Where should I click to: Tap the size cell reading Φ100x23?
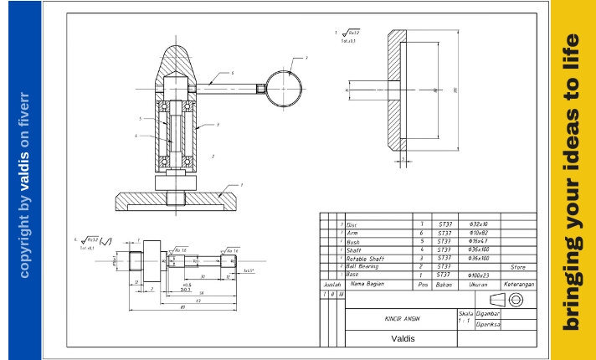pyautogui.click(x=478, y=275)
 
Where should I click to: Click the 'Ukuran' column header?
pyautogui.click(x=478, y=285)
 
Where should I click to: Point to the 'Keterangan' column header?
pyautogui.click(x=517, y=285)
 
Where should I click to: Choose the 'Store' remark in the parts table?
pyautogui.click(x=517, y=267)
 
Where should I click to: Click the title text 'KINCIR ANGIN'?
pyautogui.click(x=402, y=319)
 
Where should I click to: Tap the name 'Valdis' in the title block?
pyautogui.click(x=402, y=338)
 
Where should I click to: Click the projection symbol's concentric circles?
pyautogui.click(x=516, y=300)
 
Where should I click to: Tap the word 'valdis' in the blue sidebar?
pyautogui.click(x=24, y=167)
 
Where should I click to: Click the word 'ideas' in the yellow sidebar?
pyautogui.click(x=572, y=165)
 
